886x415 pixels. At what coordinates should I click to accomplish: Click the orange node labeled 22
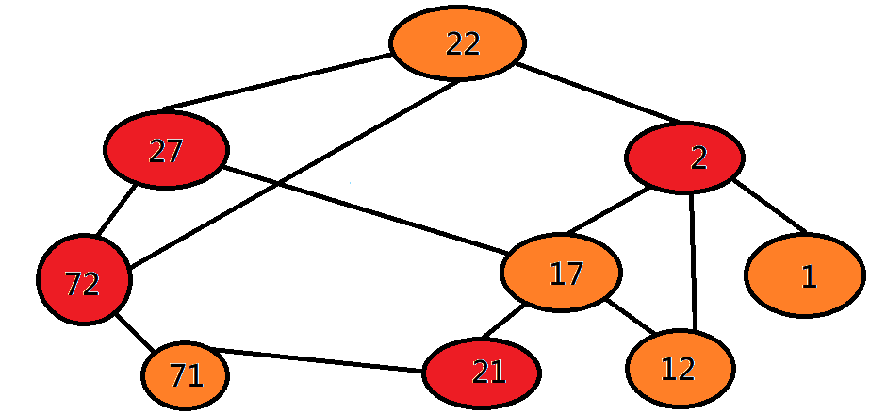(x=457, y=43)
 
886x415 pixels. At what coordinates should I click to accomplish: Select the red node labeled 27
(x=166, y=150)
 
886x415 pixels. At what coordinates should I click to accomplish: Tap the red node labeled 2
(x=684, y=158)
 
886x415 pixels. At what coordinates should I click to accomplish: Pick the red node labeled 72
(x=84, y=279)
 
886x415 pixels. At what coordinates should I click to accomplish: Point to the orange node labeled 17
(x=562, y=274)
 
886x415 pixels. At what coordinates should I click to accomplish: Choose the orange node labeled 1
(x=804, y=274)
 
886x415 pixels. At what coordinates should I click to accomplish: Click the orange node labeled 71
(x=186, y=375)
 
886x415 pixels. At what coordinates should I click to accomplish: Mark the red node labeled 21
(x=482, y=373)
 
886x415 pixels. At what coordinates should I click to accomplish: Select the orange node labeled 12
(x=680, y=369)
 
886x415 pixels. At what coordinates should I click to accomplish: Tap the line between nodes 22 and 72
(x=292, y=179)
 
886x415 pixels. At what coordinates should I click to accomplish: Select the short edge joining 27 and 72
(x=117, y=210)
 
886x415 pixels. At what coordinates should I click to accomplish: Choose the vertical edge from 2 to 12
(x=694, y=262)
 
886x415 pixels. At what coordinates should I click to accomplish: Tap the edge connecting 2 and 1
(x=769, y=205)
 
